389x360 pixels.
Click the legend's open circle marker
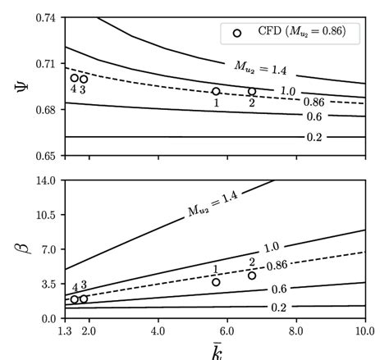(x=237, y=33)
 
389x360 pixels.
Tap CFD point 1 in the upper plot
(x=216, y=92)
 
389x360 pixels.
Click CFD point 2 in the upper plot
(x=252, y=92)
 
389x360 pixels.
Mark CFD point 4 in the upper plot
(x=74, y=78)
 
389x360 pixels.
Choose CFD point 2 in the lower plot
(x=252, y=276)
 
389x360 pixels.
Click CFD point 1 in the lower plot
(x=216, y=282)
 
